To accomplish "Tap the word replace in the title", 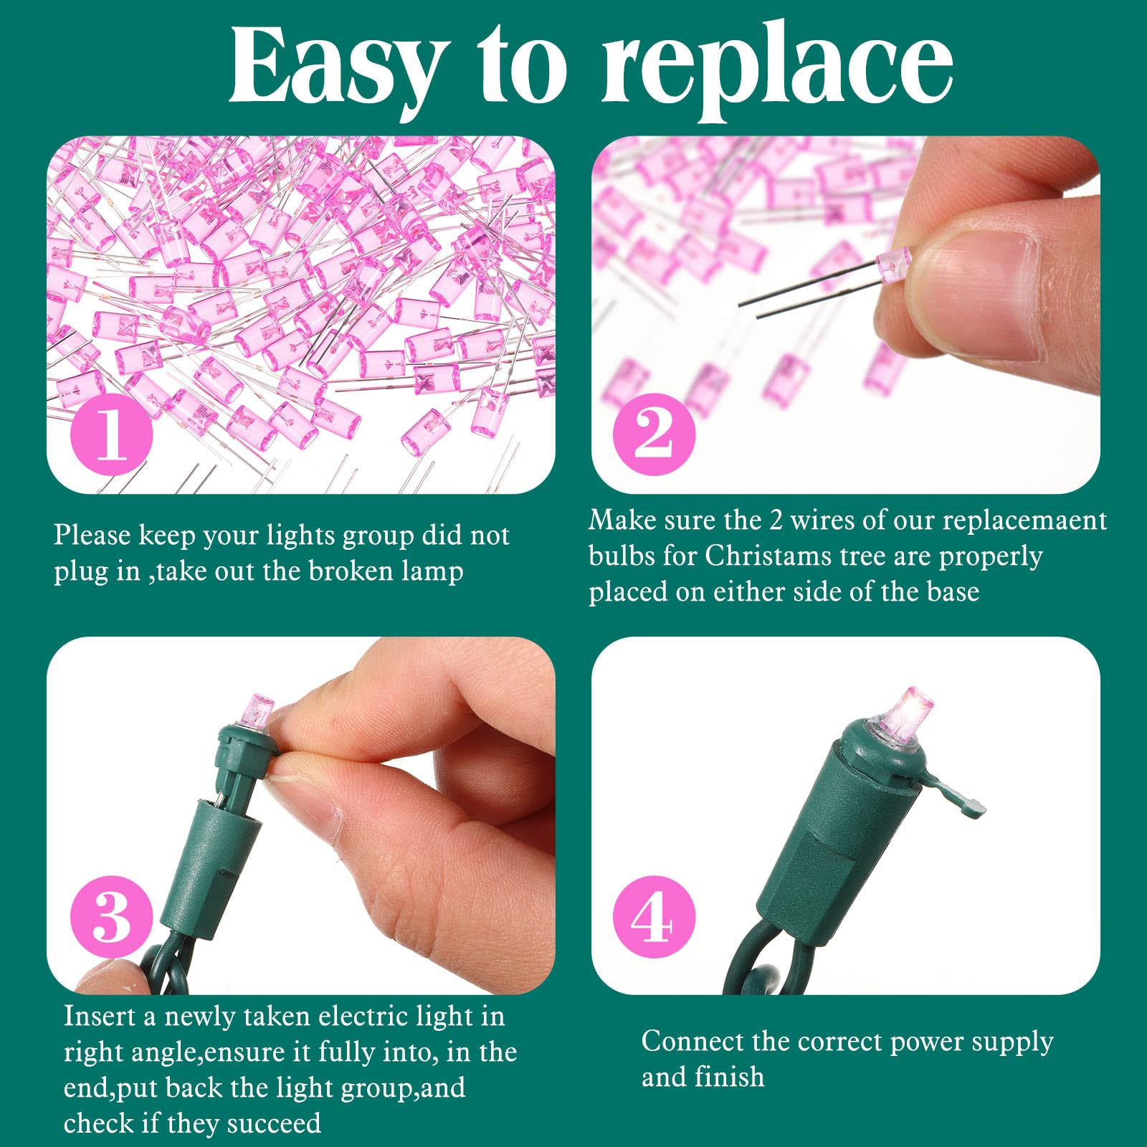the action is tap(778, 72).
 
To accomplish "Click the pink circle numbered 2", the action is tap(654, 434).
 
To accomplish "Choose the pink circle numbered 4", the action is tap(654, 917).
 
